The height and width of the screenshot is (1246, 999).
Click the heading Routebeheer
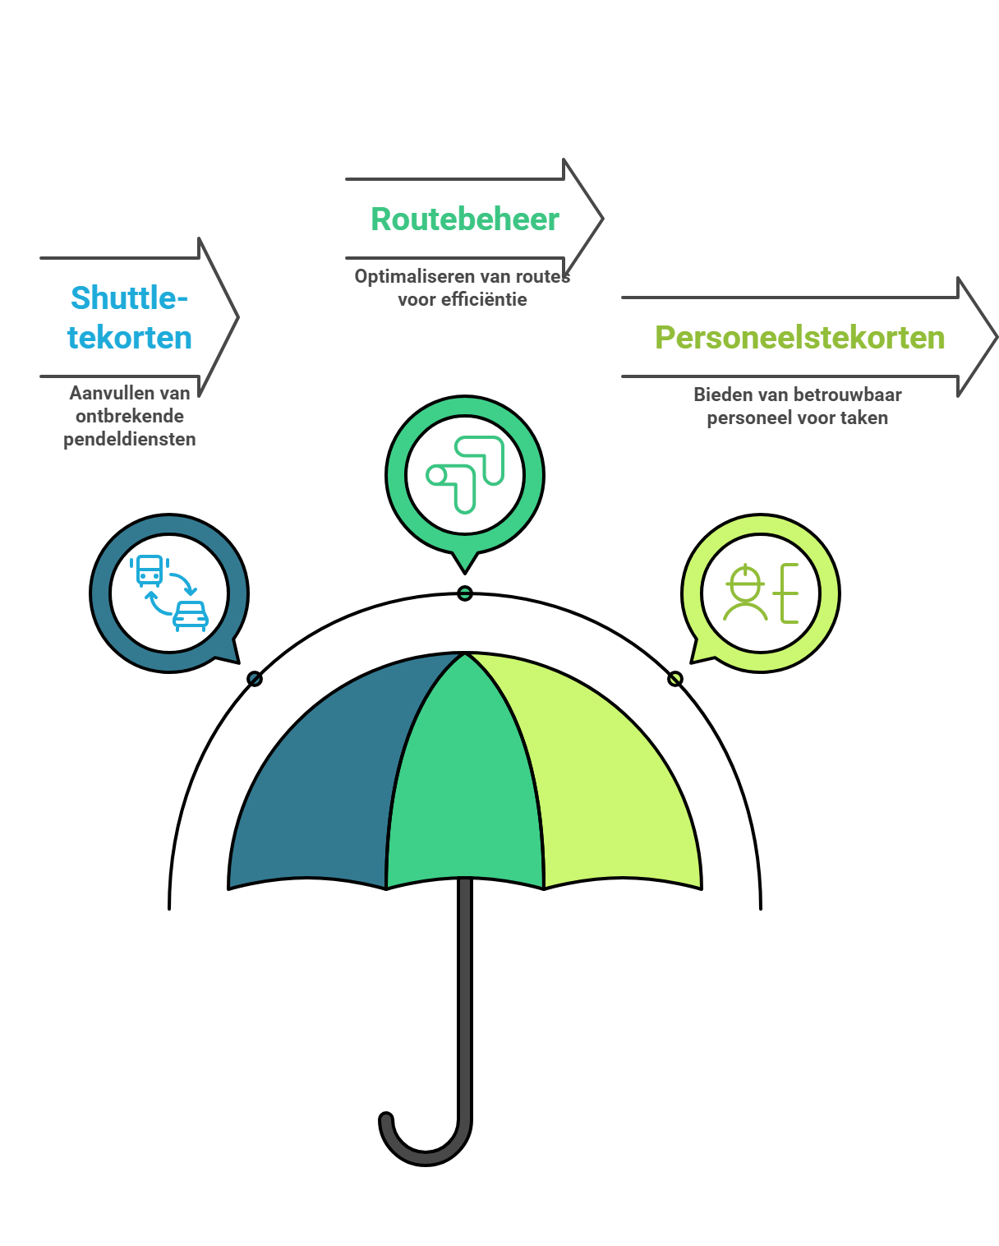click(x=464, y=219)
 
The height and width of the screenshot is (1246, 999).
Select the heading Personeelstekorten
click(x=799, y=338)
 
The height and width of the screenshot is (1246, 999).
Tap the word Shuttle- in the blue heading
click(x=130, y=298)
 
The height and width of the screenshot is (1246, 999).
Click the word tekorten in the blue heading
click(x=130, y=338)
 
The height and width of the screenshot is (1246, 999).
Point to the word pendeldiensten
click(x=130, y=439)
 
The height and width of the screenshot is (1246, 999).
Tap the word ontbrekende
click(x=130, y=416)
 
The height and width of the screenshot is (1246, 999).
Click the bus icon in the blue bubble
click(x=150, y=570)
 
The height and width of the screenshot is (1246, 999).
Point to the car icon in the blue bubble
click(x=191, y=615)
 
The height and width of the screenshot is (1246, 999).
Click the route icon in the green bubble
click(x=465, y=475)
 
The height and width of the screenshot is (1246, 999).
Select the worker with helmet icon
click(x=744, y=593)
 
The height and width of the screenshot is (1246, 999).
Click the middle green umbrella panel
click(x=465, y=789)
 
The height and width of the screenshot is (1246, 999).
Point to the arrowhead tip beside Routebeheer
click(x=602, y=219)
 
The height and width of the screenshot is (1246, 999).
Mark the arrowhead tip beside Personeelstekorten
click(x=996, y=337)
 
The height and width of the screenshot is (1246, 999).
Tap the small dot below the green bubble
click(x=465, y=593)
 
